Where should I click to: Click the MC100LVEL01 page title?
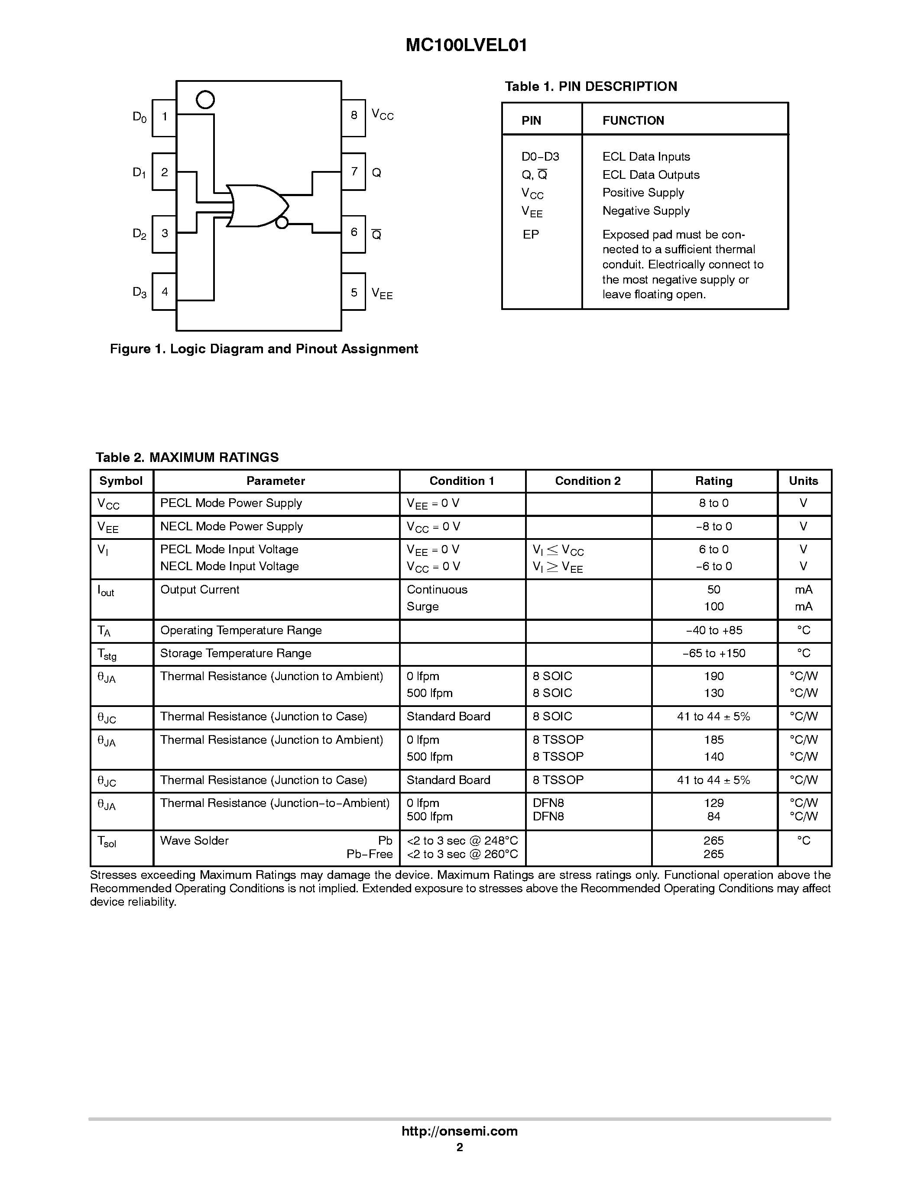point(467,46)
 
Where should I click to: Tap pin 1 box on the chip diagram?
point(164,117)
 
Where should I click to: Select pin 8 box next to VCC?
point(353,116)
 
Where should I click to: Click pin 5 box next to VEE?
point(353,292)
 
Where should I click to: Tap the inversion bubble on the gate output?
point(282,223)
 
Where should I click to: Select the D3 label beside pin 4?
point(139,292)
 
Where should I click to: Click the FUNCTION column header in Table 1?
point(633,120)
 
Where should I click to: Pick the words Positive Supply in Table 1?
point(643,193)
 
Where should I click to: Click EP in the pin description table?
point(530,235)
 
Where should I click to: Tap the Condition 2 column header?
point(587,481)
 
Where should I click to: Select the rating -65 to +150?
point(713,653)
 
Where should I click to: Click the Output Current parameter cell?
point(200,590)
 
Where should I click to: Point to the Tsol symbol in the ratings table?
point(107,842)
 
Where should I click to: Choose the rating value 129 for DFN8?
point(713,803)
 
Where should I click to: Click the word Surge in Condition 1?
point(422,607)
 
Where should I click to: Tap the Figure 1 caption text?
point(264,349)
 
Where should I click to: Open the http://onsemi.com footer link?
point(459,1131)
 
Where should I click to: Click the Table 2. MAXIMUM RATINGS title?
point(187,458)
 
